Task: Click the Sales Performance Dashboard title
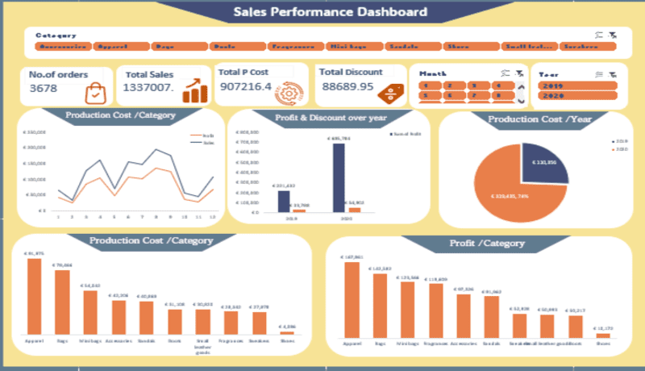330,12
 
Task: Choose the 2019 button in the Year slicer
577,85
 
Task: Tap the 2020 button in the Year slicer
577,96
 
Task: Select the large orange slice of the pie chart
508,194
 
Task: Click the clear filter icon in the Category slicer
613,35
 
